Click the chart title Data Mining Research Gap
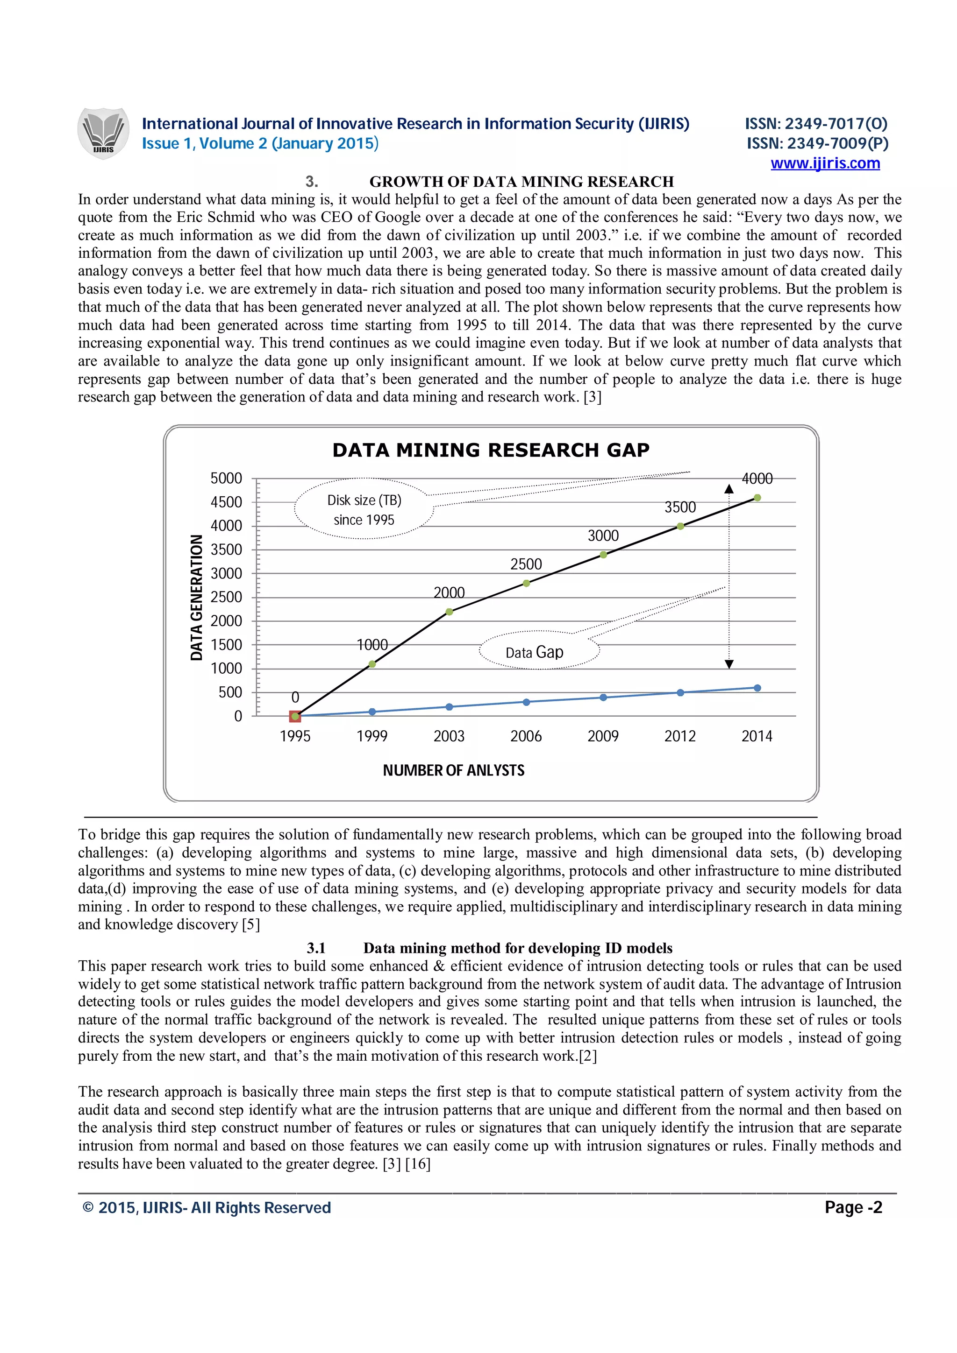[x=491, y=450]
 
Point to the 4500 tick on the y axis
[x=227, y=502]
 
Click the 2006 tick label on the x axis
[x=526, y=736]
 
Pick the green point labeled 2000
[x=450, y=612]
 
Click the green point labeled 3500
[x=680, y=526]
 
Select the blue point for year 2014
[x=757, y=688]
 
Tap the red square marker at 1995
[x=295, y=716]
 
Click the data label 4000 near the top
[x=757, y=479]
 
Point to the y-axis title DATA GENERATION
[x=196, y=597]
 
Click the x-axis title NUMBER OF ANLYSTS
[x=453, y=770]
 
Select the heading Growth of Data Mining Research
[x=521, y=182]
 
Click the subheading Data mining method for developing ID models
[x=517, y=948]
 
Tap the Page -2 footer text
[x=853, y=1207]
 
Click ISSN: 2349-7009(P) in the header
[x=817, y=143]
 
